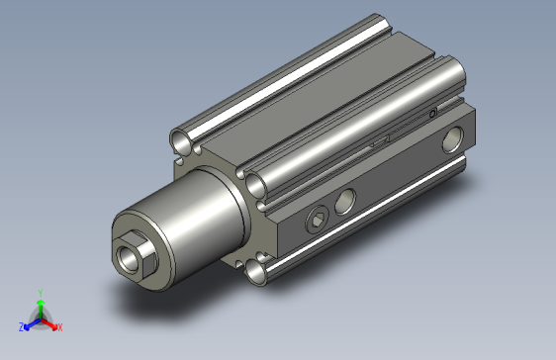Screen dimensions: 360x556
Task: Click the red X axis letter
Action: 59,327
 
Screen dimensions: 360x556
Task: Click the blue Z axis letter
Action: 20,325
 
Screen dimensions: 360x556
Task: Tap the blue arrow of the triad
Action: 29,322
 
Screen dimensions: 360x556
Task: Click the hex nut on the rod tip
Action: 133,256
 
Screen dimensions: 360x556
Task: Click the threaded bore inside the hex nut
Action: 129,259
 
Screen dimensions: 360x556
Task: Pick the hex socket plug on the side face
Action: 317,220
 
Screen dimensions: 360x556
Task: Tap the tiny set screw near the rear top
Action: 433,116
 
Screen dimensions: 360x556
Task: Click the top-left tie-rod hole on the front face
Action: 182,139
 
